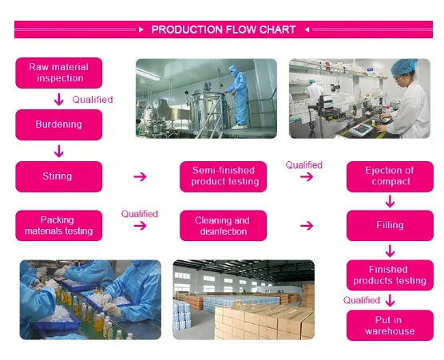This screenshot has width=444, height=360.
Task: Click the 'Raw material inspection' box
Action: point(59,73)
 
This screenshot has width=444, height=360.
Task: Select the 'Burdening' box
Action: point(59,125)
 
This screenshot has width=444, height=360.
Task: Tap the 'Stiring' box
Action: point(59,176)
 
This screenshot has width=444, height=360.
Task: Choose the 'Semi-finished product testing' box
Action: point(224,176)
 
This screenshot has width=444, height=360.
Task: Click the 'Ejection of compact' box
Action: point(390,176)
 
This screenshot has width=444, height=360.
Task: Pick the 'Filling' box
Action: point(390,225)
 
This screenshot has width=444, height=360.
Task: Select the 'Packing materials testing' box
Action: point(59,225)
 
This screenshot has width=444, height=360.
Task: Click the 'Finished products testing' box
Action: point(390,275)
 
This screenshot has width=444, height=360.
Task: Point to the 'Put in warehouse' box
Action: point(390,326)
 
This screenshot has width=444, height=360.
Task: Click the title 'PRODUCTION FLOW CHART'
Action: point(223,30)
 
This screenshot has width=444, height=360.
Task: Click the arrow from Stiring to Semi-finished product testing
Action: point(140,176)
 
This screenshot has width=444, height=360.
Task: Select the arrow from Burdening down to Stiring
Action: point(58,150)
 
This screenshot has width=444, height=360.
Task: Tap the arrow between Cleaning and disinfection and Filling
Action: point(306,226)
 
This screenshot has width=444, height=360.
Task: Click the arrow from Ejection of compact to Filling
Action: point(390,201)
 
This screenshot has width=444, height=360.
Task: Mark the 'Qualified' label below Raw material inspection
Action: point(93,100)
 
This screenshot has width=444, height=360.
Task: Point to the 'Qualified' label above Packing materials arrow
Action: point(140,214)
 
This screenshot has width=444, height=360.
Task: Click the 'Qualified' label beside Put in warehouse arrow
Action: point(362,300)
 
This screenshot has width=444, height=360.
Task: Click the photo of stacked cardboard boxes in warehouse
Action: point(244,299)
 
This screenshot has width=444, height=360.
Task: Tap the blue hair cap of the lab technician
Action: point(406,66)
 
